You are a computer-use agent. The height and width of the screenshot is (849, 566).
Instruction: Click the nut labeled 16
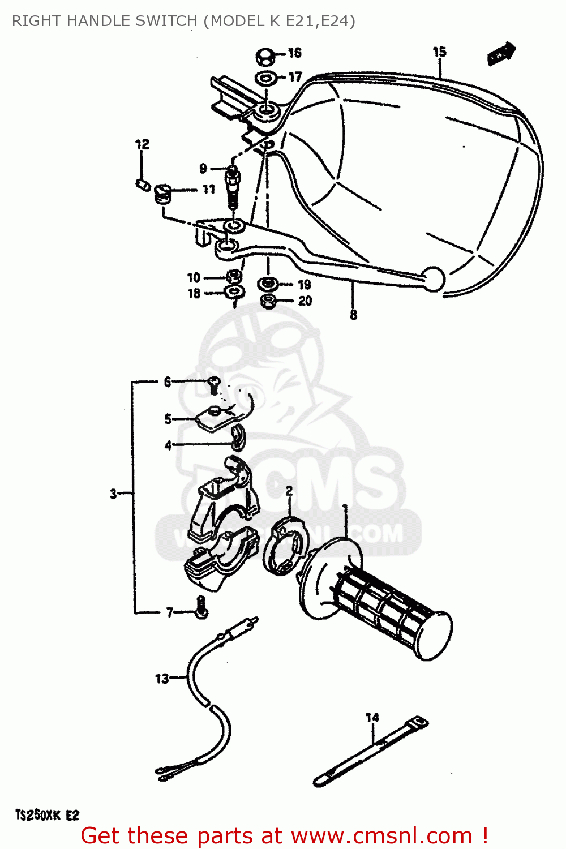[x=265, y=57]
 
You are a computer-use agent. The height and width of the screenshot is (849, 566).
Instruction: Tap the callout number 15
[x=440, y=52]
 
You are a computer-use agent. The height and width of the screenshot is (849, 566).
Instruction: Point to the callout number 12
[x=142, y=144]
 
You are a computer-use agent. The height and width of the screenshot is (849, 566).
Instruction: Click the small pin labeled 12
[x=142, y=185]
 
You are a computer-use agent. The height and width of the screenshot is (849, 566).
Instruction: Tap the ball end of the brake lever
[x=434, y=278]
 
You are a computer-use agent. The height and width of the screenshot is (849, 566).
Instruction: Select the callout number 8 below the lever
[x=354, y=315]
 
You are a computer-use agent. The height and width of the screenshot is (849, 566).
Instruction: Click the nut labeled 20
[x=268, y=301]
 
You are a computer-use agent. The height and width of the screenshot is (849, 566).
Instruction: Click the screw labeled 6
[x=213, y=385]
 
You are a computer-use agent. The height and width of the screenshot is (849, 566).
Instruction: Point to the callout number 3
[x=114, y=494]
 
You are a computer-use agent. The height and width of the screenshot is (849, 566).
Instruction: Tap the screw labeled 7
[x=201, y=608]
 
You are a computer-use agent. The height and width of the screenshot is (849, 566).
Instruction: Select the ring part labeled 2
[x=286, y=546]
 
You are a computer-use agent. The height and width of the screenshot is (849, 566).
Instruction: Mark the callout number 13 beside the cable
[x=162, y=678]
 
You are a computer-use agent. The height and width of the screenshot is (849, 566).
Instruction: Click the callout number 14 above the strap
[x=372, y=718]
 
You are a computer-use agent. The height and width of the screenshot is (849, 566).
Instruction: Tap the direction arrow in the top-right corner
[x=501, y=54]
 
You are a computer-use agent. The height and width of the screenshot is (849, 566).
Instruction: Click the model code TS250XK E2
[x=47, y=815]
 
